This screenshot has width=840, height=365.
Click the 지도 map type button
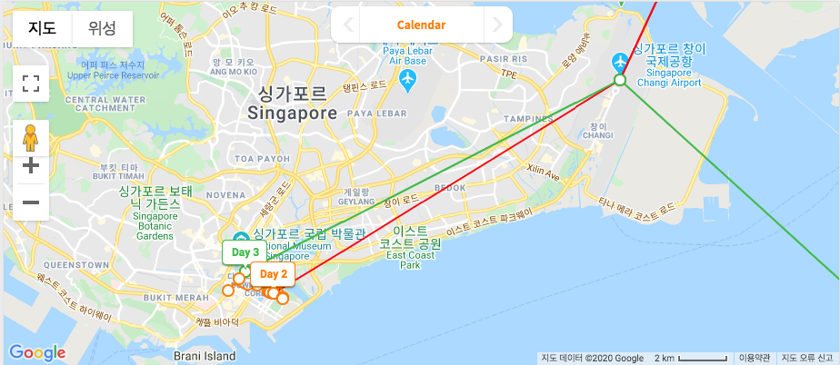pyautogui.click(x=42, y=28)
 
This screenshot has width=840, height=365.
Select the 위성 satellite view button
pyautogui.click(x=102, y=28)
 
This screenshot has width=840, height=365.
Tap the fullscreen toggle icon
pyautogui.click(x=31, y=84)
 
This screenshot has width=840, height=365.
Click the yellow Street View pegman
pyautogui.click(x=31, y=137)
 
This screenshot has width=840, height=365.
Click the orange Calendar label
pyautogui.click(x=421, y=25)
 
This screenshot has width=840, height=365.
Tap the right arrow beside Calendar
pyautogui.click(x=496, y=25)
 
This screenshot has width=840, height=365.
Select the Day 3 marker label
pyautogui.click(x=245, y=252)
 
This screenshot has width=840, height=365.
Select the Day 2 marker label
pyautogui.click(x=272, y=273)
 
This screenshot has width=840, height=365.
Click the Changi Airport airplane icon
pyautogui.click(x=620, y=62)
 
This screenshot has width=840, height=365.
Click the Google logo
pyautogui.click(x=37, y=352)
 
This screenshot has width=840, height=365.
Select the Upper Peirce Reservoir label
pyautogui.click(x=113, y=71)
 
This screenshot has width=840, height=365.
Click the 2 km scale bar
pyautogui.click(x=692, y=358)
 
